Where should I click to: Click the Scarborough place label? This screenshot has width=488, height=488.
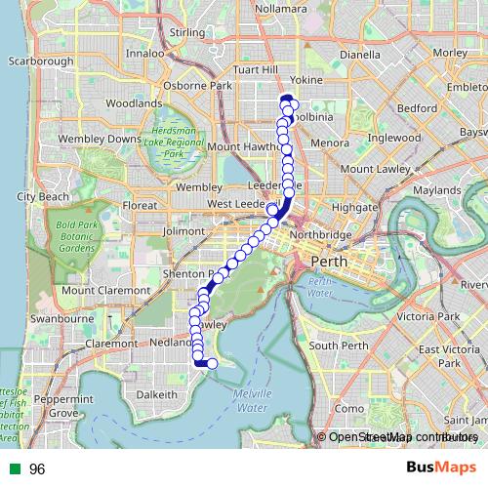tap(42, 61)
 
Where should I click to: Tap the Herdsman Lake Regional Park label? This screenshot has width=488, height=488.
tap(174, 143)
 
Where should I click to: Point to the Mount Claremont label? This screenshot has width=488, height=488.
tap(105, 290)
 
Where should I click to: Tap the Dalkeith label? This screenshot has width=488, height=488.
tap(156, 394)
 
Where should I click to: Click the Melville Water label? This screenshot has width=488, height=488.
tap(252, 399)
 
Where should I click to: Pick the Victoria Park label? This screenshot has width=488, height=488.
tap(427, 317)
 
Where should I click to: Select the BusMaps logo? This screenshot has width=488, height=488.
tap(441, 468)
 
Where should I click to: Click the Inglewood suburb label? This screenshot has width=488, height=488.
tap(395, 138)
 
